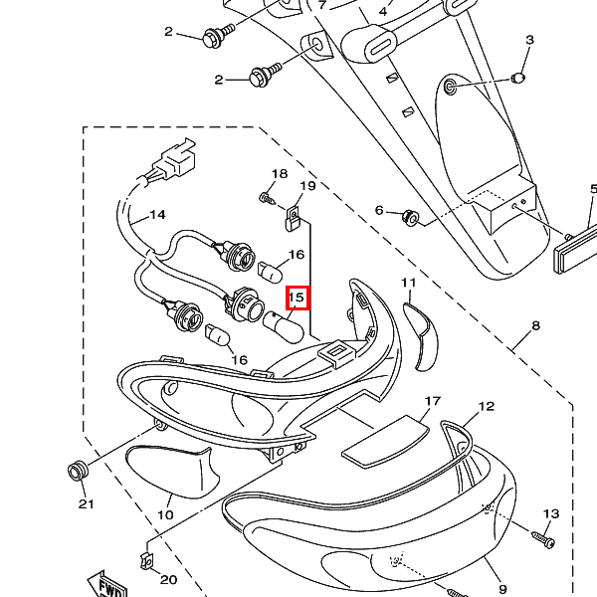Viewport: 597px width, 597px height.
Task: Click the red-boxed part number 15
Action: pyautogui.click(x=298, y=298)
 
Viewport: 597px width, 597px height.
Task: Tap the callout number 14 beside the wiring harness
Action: pyautogui.click(x=157, y=215)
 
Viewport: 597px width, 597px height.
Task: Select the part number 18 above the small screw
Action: pyautogui.click(x=280, y=174)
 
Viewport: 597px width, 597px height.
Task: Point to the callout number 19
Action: pyautogui.click(x=308, y=186)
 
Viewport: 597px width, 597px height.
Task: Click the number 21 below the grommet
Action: pyautogui.click(x=86, y=504)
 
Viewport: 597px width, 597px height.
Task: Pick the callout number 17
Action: pyautogui.click(x=433, y=401)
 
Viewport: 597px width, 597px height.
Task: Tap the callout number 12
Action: pyautogui.click(x=486, y=407)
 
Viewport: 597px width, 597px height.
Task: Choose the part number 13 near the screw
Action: pyautogui.click(x=551, y=514)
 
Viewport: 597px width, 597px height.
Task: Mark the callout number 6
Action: pyautogui.click(x=379, y=210)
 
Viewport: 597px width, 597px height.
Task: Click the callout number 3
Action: pyautogui.click(x=529, y=40)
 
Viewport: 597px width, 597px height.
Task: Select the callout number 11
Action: pyautogui.click(x=409, y=283)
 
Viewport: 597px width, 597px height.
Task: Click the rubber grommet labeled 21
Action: pyautogui.click(x=78, y=471)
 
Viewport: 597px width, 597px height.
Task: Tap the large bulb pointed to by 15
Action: pyautogui.click(x=283, y=326)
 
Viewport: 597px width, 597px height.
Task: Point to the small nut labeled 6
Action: pyautogui.click(x=410, y=218)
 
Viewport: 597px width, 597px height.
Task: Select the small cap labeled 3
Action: pyautogui.click(x=517, y=79)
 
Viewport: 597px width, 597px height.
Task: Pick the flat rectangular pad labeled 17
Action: pyautogui.click(x=385, y=441)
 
